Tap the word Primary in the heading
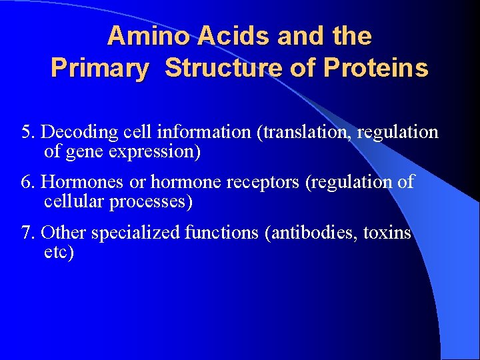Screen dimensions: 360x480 [99, 68]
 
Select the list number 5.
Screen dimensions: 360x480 [27, 132]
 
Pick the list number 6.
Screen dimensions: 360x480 [27, 181]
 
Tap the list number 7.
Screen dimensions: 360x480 [27, 233]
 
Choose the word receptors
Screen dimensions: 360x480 [263, 181]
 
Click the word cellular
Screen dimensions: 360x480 [69, 201]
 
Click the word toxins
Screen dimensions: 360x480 [387, 233]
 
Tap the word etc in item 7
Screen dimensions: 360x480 [56, 253]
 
